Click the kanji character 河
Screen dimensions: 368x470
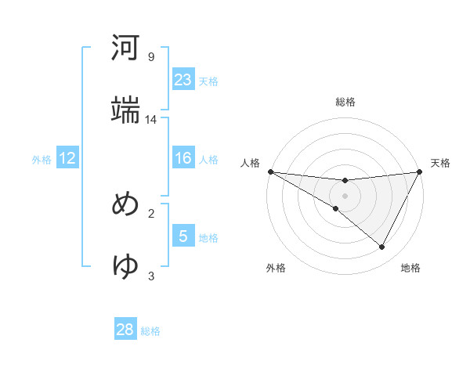126,49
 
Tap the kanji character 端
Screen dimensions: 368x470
126,110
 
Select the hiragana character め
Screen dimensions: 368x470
126,204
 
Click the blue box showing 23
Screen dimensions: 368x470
183,80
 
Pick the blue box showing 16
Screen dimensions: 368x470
183,158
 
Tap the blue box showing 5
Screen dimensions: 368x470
183,236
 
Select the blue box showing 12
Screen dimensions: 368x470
67,158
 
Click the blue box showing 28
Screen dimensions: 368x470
125,330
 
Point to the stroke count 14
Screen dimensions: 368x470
151,120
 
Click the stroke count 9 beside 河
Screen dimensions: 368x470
151,57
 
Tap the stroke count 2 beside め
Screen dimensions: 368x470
151,213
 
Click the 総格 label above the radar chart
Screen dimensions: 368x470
345,102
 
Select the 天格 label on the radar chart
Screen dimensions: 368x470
441,163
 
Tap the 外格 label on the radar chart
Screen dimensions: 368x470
276,268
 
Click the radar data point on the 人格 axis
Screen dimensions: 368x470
270,171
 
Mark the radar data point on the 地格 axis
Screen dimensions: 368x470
382,247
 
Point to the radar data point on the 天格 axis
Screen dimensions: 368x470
420,171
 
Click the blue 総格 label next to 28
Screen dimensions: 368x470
150,331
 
